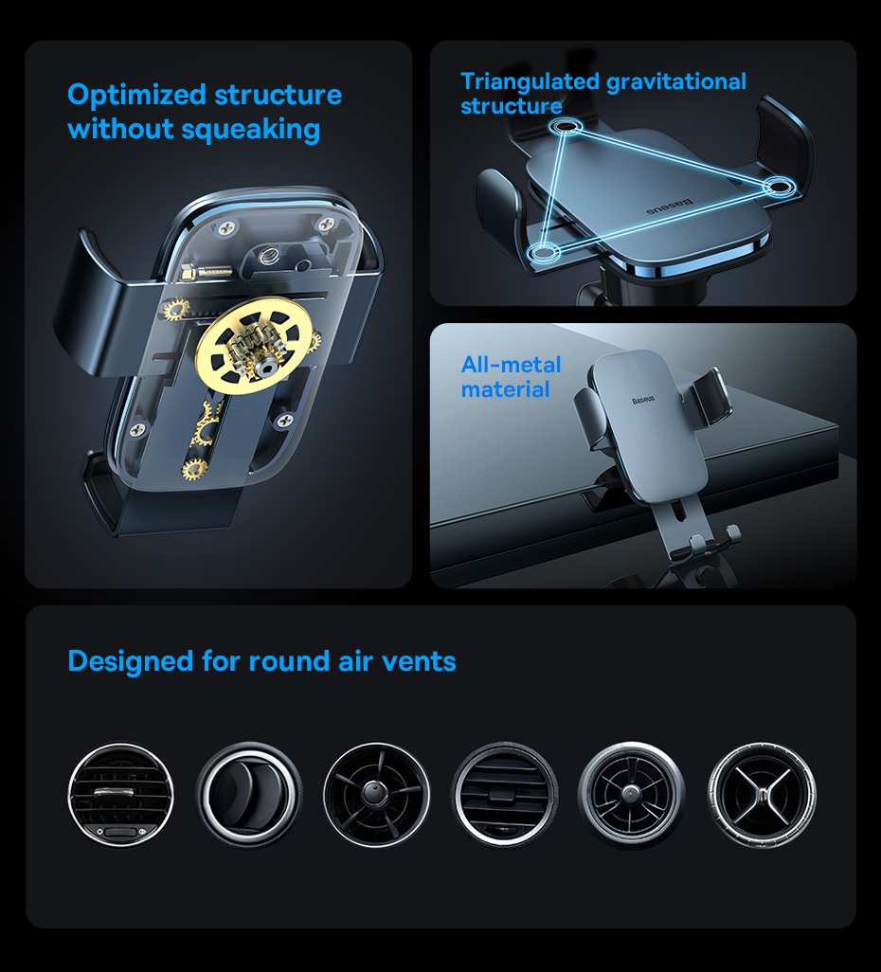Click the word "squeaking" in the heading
[250, 130]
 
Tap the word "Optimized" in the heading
[137, 96]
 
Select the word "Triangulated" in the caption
[530, 81]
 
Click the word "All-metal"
[511, 365]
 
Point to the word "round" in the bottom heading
[289, 661]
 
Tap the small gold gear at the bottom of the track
[194, 469]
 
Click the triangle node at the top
[565, 128]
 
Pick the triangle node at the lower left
[543, 253]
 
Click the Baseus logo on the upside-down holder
[670, 207]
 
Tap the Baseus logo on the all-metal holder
[643, 400]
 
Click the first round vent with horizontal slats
[121, 795]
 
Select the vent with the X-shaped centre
[762, 796]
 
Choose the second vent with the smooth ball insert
[249, 795]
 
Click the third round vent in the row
[376, 795]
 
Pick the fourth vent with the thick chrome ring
[505, 795]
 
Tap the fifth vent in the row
[632, 796]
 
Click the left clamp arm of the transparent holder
[99, 304]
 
